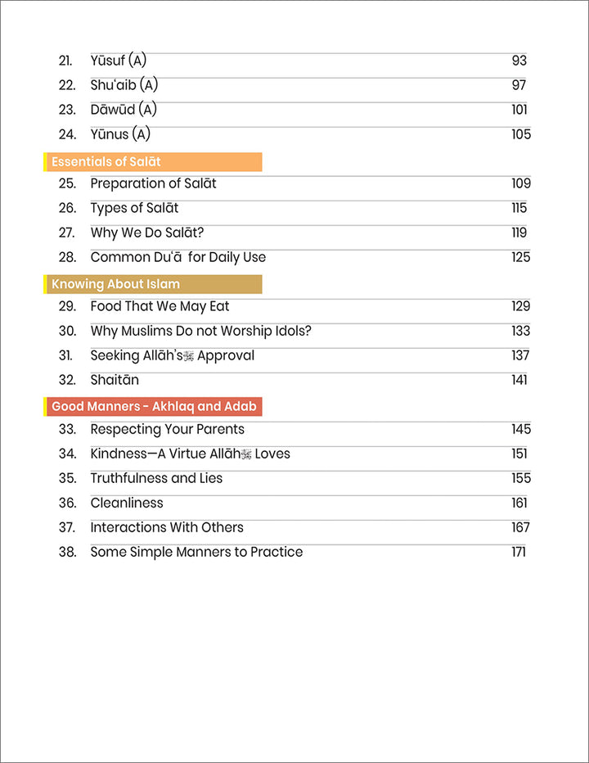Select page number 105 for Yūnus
point(521,134)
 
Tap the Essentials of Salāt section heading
point(106,162)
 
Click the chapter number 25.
point(67,183)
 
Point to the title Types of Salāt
point(134,208)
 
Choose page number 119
point(519,233)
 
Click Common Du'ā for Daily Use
point(178,257)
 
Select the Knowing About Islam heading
point(115,285)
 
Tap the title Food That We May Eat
point(160,306)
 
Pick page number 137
point(520,355)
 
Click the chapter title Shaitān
point(115,380)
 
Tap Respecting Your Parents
point(167,429)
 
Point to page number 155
point(520,478)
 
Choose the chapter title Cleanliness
point(127,503)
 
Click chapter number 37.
point(67,527)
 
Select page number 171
point(519,552)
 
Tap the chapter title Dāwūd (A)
point(124,110)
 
